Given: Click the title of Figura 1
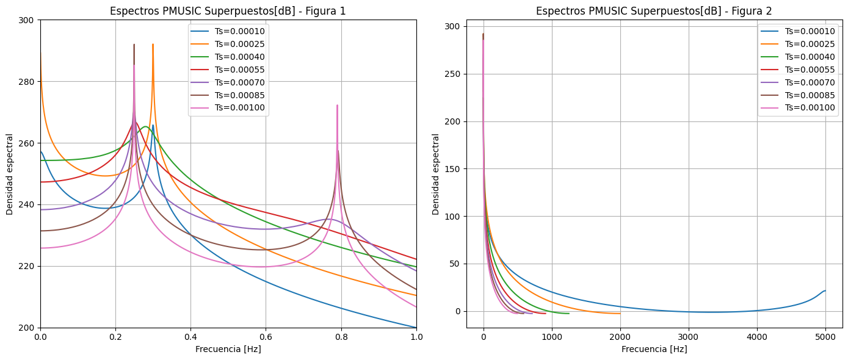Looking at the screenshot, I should coord(228,11).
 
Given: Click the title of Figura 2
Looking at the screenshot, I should coord(654,11).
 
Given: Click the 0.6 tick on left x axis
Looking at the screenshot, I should coord(266,336).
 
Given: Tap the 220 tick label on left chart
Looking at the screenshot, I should coord(28,267).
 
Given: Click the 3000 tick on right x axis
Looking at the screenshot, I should coord(689,336).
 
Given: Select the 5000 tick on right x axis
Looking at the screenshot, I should coord(825,336).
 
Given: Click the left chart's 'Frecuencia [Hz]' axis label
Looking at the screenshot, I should coord(228,350).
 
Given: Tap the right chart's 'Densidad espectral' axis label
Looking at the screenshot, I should coord(436,174).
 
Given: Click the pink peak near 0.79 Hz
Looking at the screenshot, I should coord(337,106).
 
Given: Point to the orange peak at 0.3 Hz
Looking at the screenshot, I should coord(153,45).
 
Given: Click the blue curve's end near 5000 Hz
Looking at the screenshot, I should coord(825,291).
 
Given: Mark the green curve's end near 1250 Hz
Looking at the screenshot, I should coord(568,314).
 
